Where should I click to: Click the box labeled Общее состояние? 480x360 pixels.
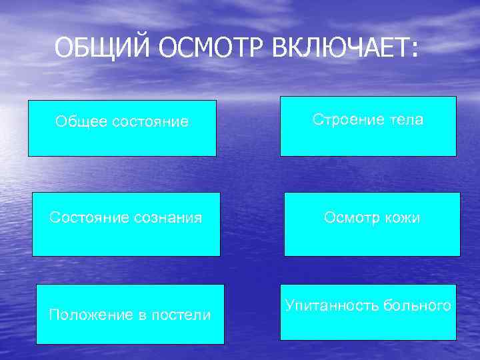point(122,128)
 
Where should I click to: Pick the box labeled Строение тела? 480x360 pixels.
point(368,126)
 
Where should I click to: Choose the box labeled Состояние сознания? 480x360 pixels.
point(126,224)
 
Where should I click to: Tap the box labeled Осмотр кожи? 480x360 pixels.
point(372,224)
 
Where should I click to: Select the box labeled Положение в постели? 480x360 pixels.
point(130,314)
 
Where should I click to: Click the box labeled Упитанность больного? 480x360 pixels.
point(368,311)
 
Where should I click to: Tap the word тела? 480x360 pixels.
point(407,120)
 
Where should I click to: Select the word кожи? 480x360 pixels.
point(403,218)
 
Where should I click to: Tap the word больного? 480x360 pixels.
point(417,305)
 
